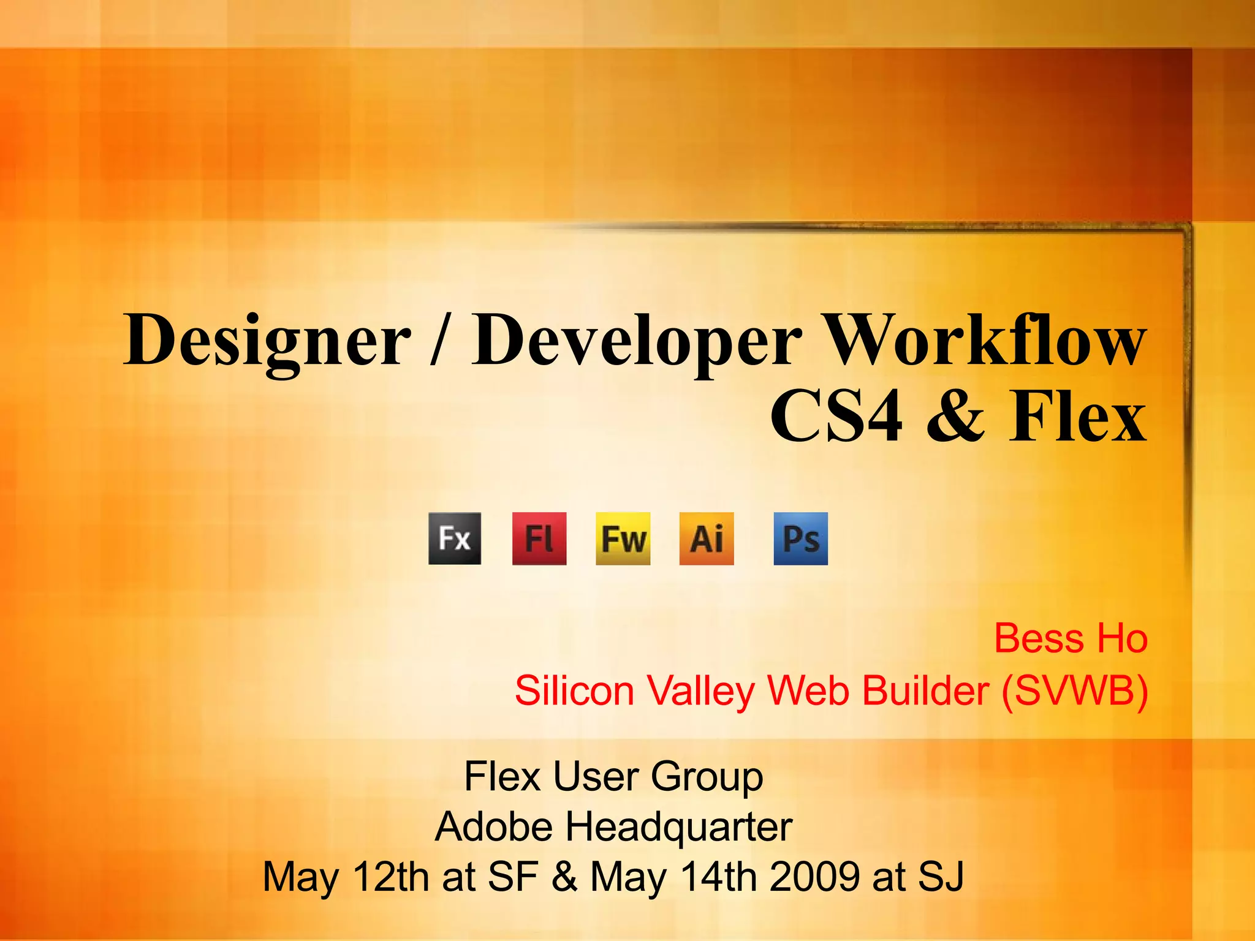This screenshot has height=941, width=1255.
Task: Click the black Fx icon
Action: point(455,539)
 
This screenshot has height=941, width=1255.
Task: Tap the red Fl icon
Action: point(539,539)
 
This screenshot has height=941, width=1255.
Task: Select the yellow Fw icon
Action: point(623,539)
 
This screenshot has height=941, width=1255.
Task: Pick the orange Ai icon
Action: point(707,539)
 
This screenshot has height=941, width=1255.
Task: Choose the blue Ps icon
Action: point(800,539)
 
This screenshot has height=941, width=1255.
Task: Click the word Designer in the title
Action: point(267,341)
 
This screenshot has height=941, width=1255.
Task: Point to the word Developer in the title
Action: point(636,341)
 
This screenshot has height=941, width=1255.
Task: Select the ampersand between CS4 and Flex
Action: point(955,416)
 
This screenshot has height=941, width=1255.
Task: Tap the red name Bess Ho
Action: point(1070,638)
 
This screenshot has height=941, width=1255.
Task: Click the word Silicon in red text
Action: point(574,691)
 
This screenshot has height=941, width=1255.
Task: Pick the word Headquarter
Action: point(678,827)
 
